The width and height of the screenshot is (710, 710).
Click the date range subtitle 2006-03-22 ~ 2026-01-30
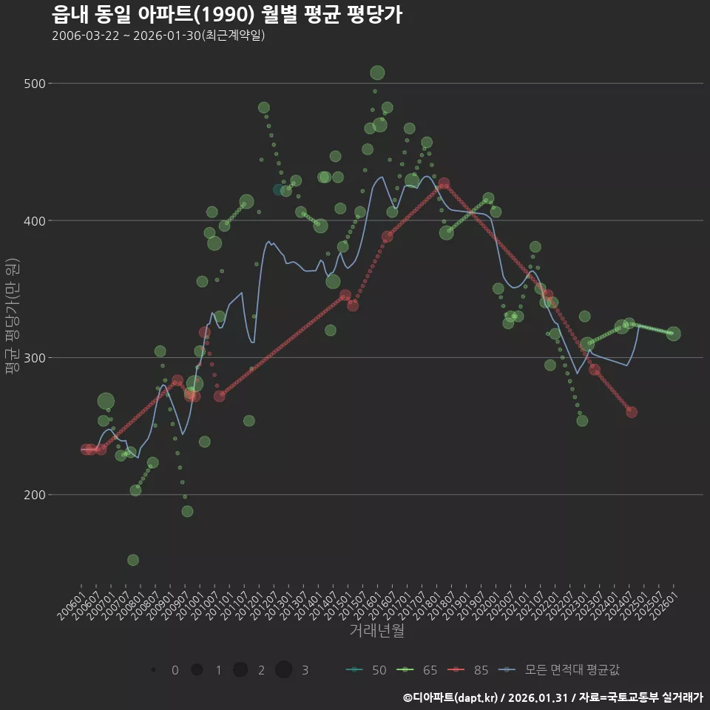coord(158,36)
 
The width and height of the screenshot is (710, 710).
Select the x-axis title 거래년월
coord(376,631)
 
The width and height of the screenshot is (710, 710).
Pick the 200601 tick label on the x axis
coord(72,601)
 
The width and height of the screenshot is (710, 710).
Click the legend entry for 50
coord(366,670)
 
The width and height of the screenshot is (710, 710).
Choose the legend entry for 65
coord(417,670)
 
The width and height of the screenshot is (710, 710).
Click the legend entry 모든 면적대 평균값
coord(560,670)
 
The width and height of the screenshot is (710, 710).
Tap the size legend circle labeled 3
coord(284,670)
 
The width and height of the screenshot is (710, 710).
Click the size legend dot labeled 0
coord(153,670)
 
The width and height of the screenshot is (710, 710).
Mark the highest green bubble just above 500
coord(377,72)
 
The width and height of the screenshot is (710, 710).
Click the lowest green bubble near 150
coord(133,560)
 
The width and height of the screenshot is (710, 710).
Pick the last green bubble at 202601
coord(673,334)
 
